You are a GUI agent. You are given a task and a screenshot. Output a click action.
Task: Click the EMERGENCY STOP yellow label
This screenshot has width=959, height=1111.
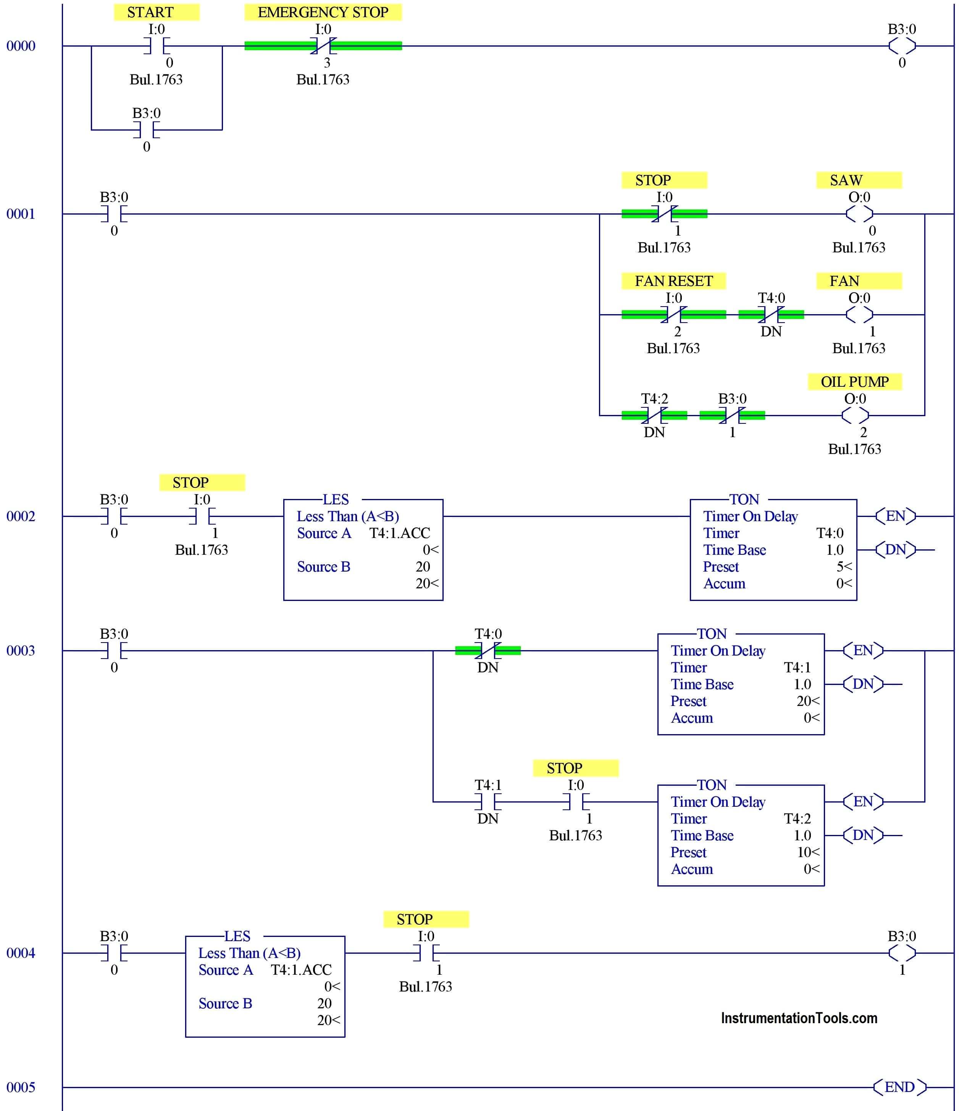(323, 12)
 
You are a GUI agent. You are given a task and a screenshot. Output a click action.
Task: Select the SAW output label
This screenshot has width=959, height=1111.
(858, 180)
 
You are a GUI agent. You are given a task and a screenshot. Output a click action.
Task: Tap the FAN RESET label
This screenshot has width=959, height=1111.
(673, 281)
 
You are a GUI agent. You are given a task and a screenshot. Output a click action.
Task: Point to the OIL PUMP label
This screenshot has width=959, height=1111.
(854, 382)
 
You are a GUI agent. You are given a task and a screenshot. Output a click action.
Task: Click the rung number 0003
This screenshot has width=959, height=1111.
(20, 651)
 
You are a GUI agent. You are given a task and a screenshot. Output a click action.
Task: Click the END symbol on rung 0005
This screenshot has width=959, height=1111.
(899, 1087)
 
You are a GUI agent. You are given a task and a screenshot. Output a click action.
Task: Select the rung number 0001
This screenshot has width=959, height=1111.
(20, 214)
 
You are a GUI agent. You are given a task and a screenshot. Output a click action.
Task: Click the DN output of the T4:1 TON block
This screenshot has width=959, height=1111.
(862, 684)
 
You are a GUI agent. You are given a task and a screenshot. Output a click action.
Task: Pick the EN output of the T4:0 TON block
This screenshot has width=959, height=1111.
(895, 516)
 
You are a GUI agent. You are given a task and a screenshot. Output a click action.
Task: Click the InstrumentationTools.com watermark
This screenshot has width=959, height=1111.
(798, 1018)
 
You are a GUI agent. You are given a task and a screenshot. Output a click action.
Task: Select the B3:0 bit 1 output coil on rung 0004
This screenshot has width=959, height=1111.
(902, 953)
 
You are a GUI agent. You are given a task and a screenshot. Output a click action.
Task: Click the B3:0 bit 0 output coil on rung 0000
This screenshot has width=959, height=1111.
(902, 46)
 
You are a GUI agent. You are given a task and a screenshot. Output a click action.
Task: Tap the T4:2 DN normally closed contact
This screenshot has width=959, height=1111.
(654, 415)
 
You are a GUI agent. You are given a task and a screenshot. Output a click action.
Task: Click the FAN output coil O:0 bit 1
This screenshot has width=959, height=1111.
(859, 315)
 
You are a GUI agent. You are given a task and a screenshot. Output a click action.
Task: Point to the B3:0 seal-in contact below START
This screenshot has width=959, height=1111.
(146, 130)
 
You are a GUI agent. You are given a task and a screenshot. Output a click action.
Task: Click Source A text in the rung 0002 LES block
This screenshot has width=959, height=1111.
(324, 533)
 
